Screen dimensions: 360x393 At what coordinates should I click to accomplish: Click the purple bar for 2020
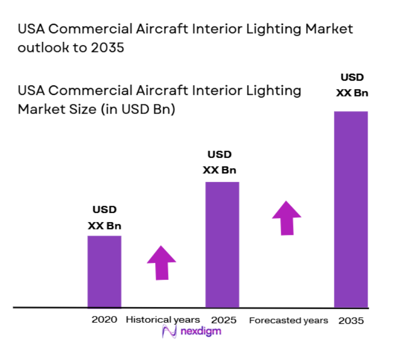coord(104,271)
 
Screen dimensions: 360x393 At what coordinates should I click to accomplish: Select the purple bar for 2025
coord(222,244)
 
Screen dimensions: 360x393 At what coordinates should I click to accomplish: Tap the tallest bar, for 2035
coord(351,209)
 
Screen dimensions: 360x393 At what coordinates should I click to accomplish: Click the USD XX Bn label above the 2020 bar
coord(104,218)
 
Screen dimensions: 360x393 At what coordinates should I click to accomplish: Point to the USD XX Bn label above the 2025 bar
coord(219,163)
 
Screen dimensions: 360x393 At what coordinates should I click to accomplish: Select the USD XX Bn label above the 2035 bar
coord(352,85)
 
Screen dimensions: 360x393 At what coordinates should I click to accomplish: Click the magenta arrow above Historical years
coord(161,262)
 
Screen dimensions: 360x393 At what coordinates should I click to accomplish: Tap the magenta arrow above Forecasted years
coord(287,217)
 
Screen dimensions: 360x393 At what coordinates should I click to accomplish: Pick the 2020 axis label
coord(104,320)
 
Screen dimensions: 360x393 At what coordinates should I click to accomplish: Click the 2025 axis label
coord(224,320)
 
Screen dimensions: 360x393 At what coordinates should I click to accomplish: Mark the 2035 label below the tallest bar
coord(351,321)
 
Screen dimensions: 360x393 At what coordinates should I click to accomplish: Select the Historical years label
coord(163,320)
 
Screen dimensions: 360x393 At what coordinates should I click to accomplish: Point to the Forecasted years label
coord(289,320)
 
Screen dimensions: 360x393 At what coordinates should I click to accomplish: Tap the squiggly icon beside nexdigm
coord(169,332)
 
